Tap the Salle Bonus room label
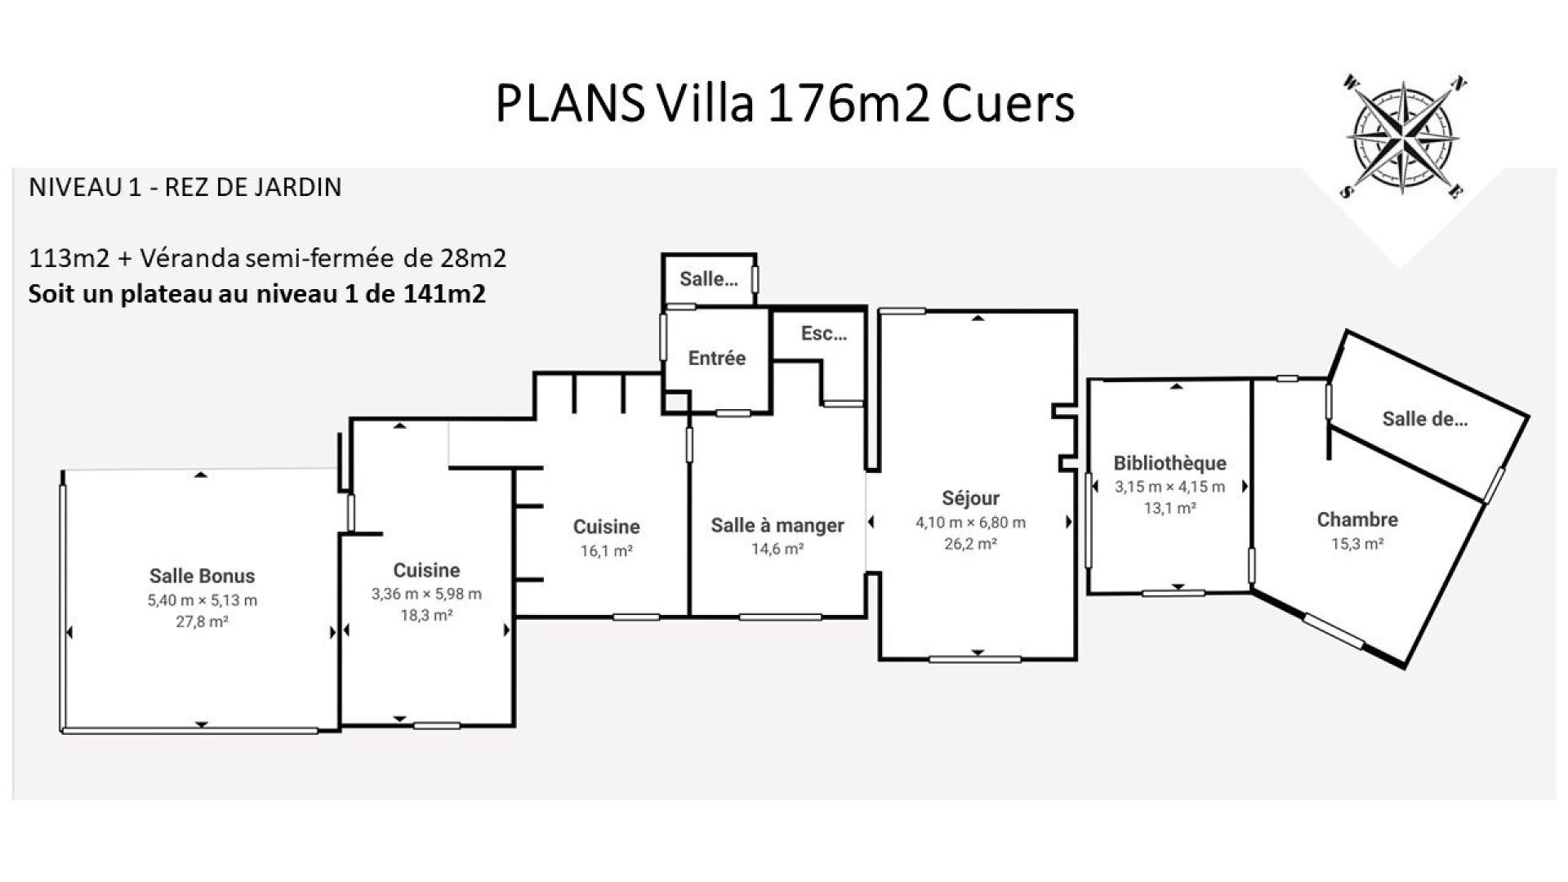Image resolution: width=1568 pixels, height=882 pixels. pyautogui.click(x=203, y=576)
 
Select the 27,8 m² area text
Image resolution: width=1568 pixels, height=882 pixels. pyautogui.click(x=203, y=621)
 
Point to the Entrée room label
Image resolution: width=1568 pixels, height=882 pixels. pyautogui.click(x=717, y=358)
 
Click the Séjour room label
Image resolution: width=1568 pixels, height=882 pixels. pyautogui.click(x=970, y=498)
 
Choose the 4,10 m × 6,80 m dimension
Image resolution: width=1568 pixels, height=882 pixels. pyautogui.click(x=970, y=523)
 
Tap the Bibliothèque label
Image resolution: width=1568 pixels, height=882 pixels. pyautogui.click(x=1170, y=463)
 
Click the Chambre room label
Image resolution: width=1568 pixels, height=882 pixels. pyautogui.click(x=1357, y=519)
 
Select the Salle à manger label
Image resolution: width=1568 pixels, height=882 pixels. pyautogui.click(x=777, y=525)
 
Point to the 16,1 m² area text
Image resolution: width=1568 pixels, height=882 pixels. pyautogui.click(x=607, y=551)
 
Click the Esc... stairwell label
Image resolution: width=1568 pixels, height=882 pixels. pyautogui.click(x=824, y=333)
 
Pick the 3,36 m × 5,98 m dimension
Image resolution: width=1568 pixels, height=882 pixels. pyautogui.click(x=426, y=594)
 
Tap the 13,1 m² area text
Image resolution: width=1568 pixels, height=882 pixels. pyautogui.click(x=1170, y=508)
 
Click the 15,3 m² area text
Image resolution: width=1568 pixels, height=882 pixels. pyautogui.click(x=1357, y=544)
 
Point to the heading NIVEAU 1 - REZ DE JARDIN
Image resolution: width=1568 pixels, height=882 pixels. pyautogui.click(x=185, y=188)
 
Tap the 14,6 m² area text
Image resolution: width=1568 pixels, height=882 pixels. pyautogui.click(x=777, y=550)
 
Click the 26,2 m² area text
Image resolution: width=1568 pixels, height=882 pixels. pyautogui.click(x=970, y=544)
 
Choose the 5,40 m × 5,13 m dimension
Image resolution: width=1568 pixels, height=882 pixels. pyautogui.click(x=203, y=600)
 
